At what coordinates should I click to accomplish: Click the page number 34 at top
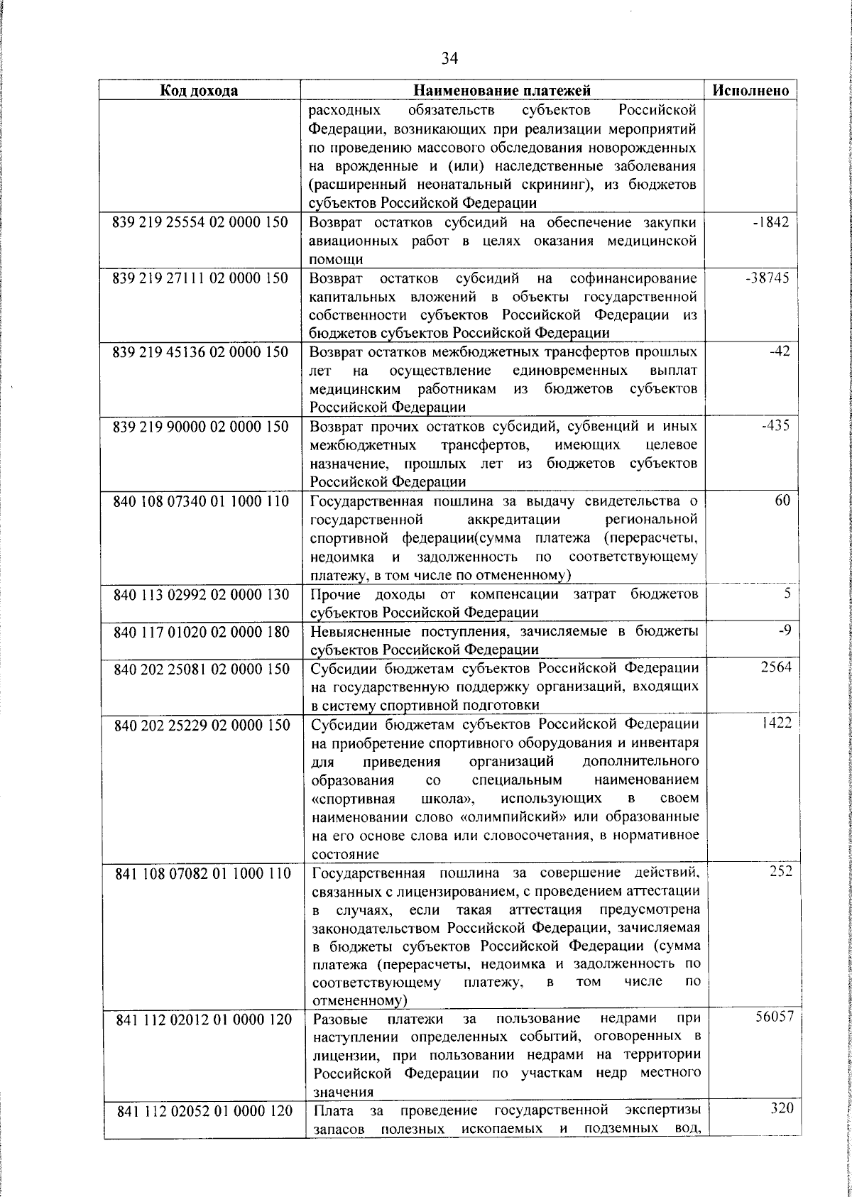449,58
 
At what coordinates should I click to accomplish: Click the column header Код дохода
199,90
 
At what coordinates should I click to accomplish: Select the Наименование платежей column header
502,90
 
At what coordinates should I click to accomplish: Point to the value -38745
768,278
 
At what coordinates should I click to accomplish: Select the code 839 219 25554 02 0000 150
201,222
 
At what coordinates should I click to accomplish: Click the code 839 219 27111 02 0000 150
201,278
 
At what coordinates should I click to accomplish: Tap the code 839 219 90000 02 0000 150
201,427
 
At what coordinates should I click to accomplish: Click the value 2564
776,668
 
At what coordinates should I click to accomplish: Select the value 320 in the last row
781,1129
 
